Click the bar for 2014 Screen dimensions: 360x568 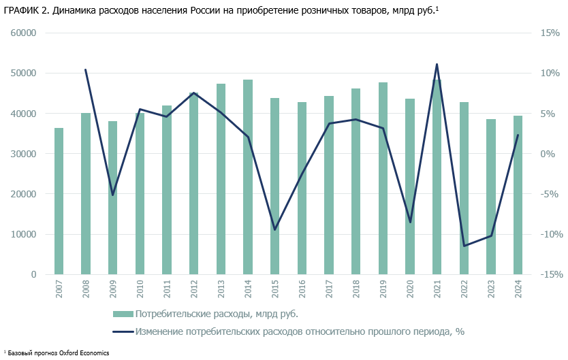click(x=248, y=177)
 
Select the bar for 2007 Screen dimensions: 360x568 click(x=59, y=201)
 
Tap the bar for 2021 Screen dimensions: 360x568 click(x=437, y=177)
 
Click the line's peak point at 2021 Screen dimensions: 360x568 click(x=437, y=65)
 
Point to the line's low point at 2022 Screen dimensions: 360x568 click(x=464, y=246)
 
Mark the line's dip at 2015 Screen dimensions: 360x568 click(x=275, y=229)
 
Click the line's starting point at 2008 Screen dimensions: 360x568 click(x=86, y=69)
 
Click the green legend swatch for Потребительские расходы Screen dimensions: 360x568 click(x=123, y=314)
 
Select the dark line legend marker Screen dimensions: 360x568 click(x=123, y=331)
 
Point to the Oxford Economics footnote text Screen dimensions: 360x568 click(x=58, y=353)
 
